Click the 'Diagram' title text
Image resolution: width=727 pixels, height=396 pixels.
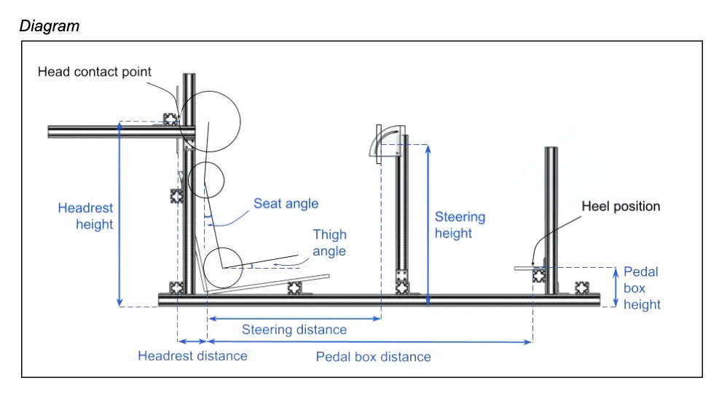(x=50, y=26)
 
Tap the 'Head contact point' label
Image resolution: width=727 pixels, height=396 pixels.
(x=95, y=71)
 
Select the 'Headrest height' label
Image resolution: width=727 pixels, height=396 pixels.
(x=86, y=216)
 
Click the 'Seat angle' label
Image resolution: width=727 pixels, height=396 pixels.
(x=286, y=204)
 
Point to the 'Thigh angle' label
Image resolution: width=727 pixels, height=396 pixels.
(x=329, y=242)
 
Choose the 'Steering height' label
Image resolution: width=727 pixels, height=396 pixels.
(x=460, y=225)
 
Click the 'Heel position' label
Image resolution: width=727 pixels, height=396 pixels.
(x=621, y=207)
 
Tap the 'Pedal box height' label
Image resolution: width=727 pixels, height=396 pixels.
(x=641, y=288)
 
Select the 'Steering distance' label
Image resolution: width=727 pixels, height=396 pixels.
(x=294, y=330)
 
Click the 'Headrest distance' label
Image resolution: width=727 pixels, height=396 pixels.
(x=192, y=356)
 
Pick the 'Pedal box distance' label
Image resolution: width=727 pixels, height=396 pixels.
(x=373, y=357)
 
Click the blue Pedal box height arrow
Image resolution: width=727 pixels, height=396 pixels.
(x=614, y=286)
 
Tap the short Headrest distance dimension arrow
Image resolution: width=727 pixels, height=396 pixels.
(x=192, y=341)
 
